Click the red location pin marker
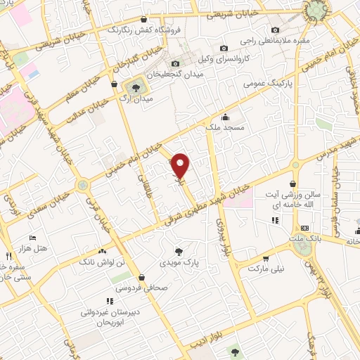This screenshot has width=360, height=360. coord(181,165)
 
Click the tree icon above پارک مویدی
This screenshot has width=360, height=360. coord(180,250)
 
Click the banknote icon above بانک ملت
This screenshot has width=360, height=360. coord(304,228)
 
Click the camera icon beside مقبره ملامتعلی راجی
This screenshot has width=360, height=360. coord(275,30)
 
